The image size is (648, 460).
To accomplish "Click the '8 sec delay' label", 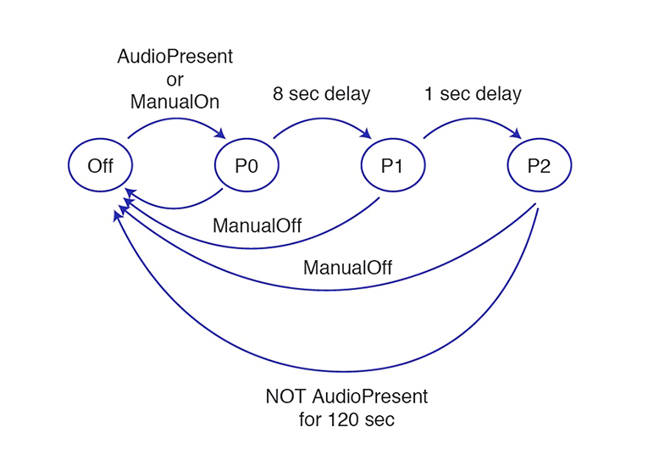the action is click(322, 94).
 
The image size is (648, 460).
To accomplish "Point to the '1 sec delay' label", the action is click(473, 94).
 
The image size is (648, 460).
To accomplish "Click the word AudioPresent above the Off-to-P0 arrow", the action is click(174, 56).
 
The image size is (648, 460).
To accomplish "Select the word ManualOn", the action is click(174, 102).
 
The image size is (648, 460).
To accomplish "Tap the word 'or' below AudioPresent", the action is click(174, 80).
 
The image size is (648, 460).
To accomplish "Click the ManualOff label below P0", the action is click(257, 225).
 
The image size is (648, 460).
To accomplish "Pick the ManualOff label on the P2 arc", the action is click(347, 268).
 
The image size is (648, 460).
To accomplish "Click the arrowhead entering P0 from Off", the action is click(221, 134).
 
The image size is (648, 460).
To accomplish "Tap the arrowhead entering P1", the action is click(366, 134).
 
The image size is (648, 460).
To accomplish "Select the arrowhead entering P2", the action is click(516, 134).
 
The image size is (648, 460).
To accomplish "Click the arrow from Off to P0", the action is click(175, 119).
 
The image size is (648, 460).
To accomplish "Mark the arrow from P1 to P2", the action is click(471, 119).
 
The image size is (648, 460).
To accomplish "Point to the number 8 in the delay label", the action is click(278, 94).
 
